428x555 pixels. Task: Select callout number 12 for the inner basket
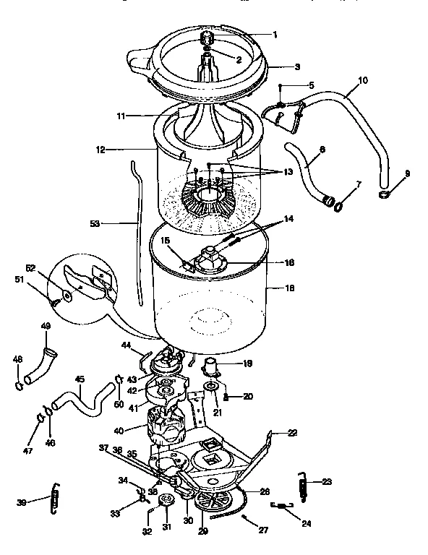click(100, 150)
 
